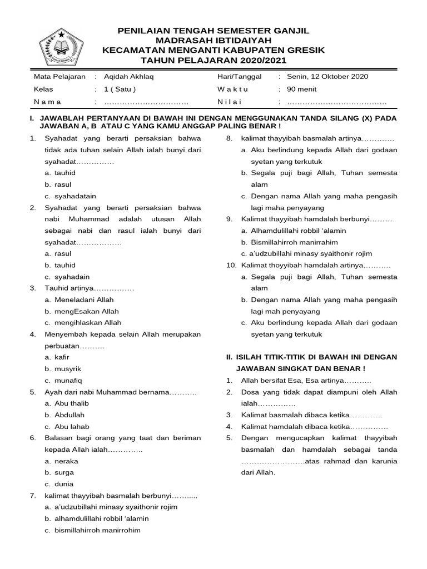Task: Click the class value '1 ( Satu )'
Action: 120,89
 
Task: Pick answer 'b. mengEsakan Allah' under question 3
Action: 82,311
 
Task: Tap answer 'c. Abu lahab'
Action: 67,426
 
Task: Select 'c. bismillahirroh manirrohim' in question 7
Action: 93,530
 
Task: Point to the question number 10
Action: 231,265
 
